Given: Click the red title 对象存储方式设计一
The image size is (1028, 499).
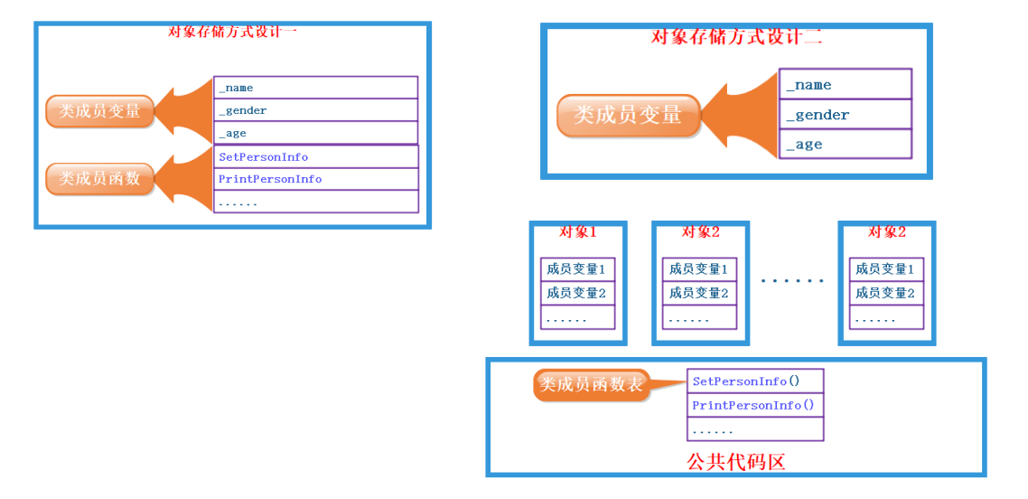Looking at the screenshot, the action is click(232, 32).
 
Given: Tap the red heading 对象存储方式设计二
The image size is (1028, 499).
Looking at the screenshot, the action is click(736, 37).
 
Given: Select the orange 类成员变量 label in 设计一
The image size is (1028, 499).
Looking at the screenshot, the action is click(99, 111).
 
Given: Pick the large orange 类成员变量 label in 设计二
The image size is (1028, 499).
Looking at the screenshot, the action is click(628, 116).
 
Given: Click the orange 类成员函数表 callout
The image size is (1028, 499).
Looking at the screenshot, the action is click(592, 385).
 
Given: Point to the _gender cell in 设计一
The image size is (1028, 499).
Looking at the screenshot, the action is click(315, 110).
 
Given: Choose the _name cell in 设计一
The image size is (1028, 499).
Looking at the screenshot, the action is click(315, 88).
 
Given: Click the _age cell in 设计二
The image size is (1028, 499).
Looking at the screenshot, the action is click(845, 145).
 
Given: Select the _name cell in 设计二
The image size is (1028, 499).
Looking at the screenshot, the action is click(845, 85).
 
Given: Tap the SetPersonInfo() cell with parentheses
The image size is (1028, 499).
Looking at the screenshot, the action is click(755, 381).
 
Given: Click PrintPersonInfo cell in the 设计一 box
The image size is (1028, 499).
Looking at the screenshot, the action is click(315, 179).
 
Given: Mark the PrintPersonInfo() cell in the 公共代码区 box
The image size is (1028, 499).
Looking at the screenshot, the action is click(755, 405).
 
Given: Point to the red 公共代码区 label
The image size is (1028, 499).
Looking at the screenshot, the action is click(735, 462).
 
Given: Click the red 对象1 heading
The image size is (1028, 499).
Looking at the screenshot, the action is click(577, 232).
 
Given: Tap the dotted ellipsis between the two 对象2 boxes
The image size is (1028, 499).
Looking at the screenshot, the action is click(792, 281).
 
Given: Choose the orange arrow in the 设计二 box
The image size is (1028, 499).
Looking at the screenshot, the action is click(739, 115).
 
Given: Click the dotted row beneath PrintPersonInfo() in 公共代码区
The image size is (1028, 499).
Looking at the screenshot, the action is click(755, 430).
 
